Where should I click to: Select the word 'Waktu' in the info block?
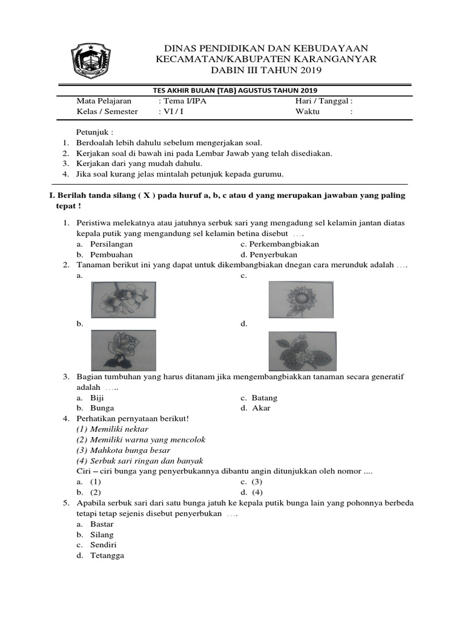point(308,111)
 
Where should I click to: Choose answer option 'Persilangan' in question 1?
point(112,244)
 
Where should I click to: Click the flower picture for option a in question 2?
point(124,300)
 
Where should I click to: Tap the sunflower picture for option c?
point(300,300)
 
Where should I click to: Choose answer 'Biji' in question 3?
point(97,398)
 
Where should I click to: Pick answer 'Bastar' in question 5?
point(102,524)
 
